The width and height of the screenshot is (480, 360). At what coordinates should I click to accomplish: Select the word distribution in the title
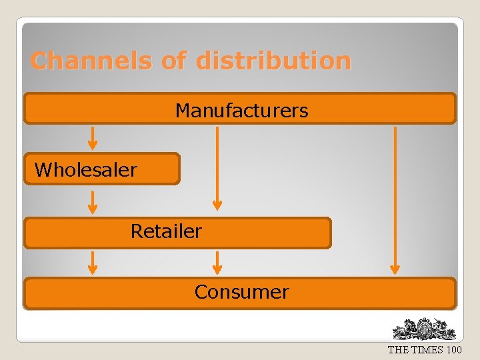pos(273,61)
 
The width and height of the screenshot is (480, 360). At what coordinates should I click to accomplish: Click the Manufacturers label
pos(241,110)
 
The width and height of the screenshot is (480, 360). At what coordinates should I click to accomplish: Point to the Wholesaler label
pos(85,170)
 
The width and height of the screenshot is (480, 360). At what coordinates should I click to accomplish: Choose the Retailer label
pos(166,231)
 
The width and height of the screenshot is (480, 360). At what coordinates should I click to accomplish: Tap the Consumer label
pos(241,292)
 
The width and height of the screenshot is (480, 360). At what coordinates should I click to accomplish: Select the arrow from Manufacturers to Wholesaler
pos(93,137)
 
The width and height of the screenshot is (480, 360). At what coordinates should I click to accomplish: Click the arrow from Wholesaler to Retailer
pos(93,202)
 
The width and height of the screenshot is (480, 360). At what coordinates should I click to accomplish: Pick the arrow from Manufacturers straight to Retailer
pos(217,167)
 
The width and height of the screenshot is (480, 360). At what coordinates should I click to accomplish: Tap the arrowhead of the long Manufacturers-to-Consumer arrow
pos(395,269)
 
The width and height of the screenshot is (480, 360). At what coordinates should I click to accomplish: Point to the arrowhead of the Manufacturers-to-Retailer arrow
pos(217,205)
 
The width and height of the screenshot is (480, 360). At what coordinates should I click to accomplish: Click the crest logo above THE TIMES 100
pos(424,329)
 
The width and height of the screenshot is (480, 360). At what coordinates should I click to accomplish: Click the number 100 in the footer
pos(454,350)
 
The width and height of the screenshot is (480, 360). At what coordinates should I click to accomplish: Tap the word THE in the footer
pos(399,350)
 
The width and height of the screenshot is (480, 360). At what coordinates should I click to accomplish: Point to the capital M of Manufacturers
pos(182,110)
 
